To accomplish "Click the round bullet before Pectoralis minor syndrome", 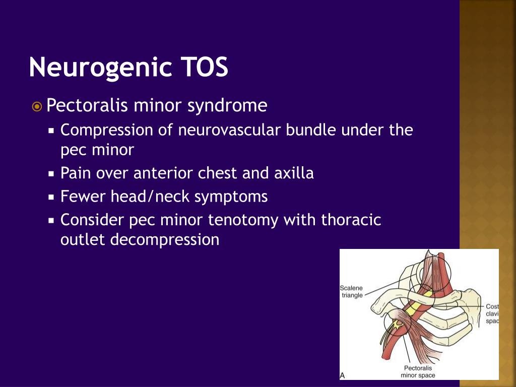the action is pyautogui.click(x=37, y=107).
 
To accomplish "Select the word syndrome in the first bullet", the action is pyautogui.click(x=227, y=106).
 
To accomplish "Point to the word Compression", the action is pyautogui.click(x=107, y=131).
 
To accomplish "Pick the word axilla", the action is pyautogui.click(x=294, y=173).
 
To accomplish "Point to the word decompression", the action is pyautogui.click(x=165, y=240).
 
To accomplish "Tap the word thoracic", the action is pyautogui.click(x=351, y=220).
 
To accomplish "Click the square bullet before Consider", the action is pyautogui.click(x=51, y=221).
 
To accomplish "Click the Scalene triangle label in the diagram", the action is pyautogui.click(x=351, y=292).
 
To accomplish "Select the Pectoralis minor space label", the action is pyautogui.click(x=418, y=371).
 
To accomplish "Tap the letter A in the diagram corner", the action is pyautogui.click(x=342, y=375).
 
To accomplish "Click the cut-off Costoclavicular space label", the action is pyautogui.click(x=492, y=313).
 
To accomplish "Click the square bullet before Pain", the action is pyautogui.click(x=51, y=174).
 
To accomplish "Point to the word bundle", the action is pyautogui.click(x=310, y=130).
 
